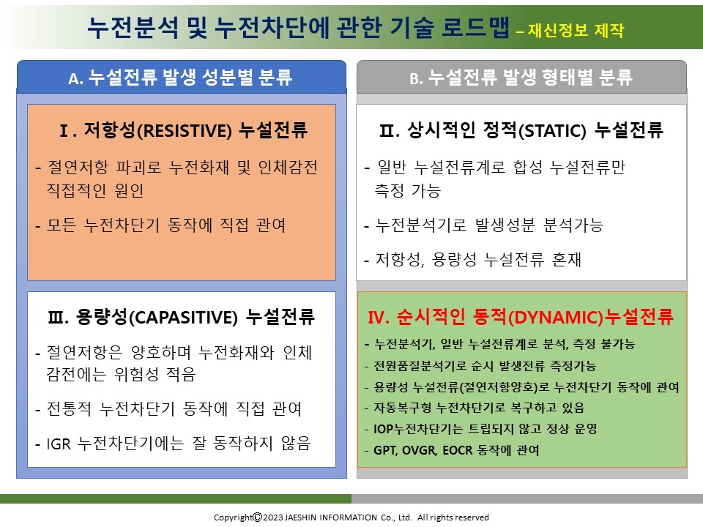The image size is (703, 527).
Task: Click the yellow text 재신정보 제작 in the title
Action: [576, 30]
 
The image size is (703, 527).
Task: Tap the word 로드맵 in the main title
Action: [476, 27]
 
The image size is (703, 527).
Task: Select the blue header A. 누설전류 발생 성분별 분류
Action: [180, 78]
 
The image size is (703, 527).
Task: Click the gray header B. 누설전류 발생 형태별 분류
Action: [521, 78]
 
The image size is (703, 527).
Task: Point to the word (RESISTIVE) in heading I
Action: [184, 131]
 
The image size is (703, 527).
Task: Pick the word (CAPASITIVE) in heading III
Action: [183, 317]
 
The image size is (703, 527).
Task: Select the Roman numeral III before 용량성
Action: [58, 317]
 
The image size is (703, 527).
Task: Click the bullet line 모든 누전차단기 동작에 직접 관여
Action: [166, 225]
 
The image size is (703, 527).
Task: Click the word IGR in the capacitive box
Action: [59, 444]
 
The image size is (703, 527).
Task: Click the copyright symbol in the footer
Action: [257, 517]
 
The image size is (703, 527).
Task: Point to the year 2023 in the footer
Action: [273, 517]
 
